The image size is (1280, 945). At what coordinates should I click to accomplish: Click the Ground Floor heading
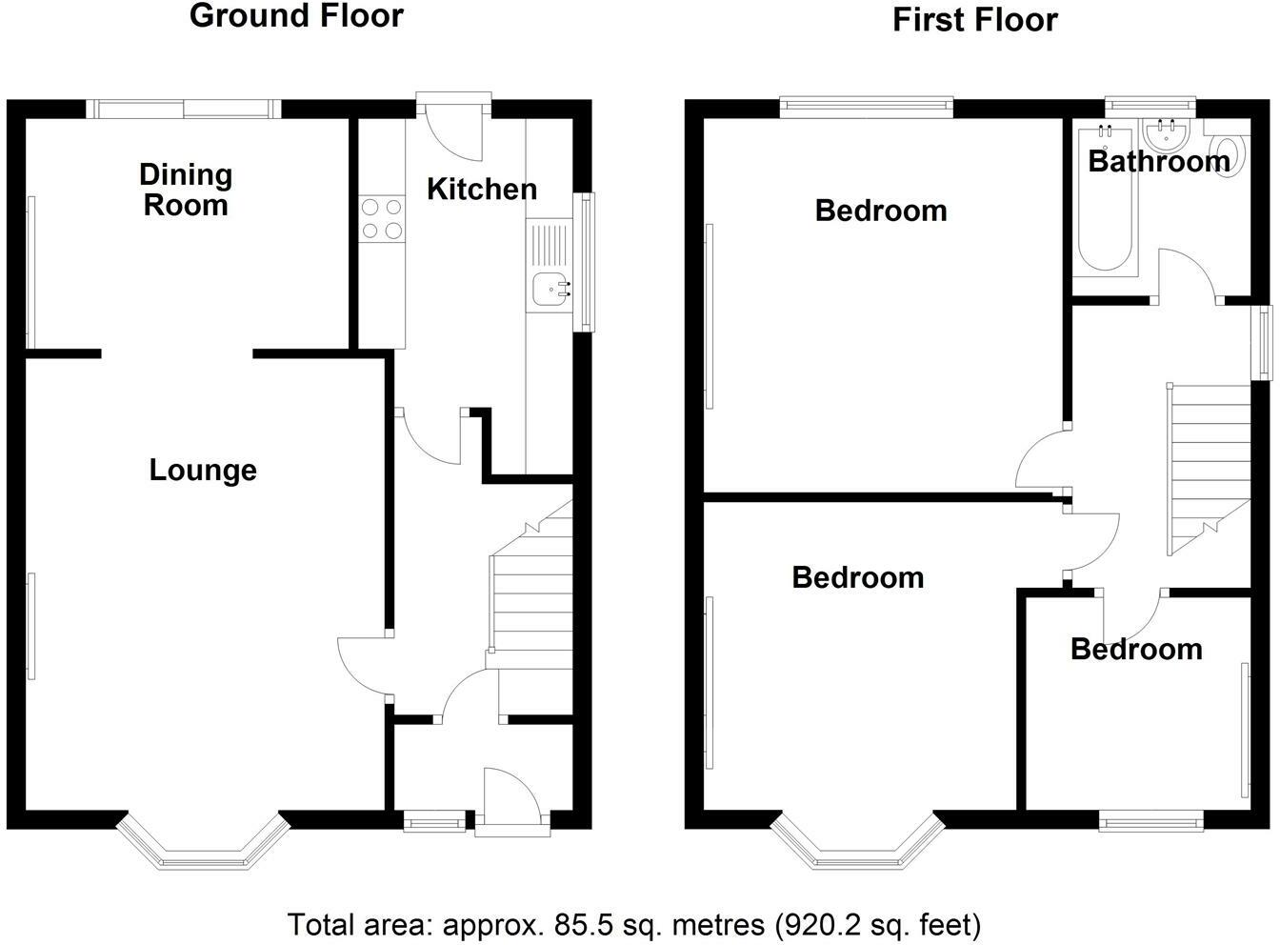tap(296, 17)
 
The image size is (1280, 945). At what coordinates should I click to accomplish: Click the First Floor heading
tap(974, 20)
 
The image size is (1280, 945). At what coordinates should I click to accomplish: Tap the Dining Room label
tap(186, 190)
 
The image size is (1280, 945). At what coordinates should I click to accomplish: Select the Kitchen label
tap(482, 190)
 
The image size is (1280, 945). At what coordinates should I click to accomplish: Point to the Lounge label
tap(203, 471)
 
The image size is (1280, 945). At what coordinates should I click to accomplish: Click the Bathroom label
tap(1159, 162)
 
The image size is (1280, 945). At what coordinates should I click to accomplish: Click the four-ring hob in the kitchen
tap(382, 219)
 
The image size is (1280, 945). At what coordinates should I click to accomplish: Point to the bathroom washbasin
tap(1167, 136)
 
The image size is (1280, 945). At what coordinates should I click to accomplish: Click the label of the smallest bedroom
tap(1136, 650)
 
